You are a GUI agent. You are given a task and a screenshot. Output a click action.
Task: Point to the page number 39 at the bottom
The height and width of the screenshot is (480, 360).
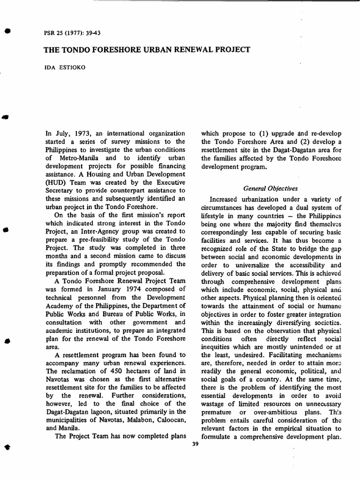click(196, 444)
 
